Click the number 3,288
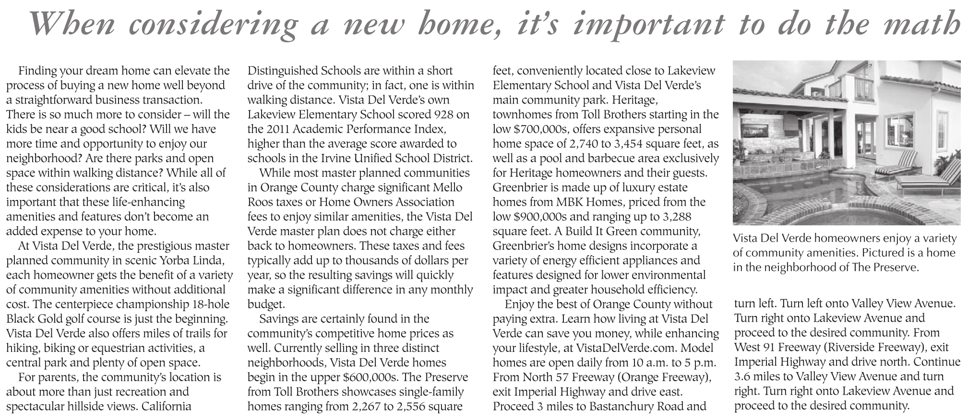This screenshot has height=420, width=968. (x=677, y=216)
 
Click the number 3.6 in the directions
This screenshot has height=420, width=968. (x=744, y=376)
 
